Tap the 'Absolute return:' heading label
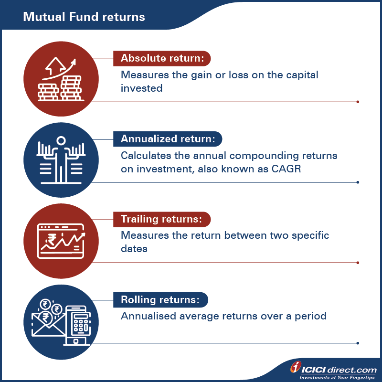click(x=162, y=58)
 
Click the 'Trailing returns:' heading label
click(x=161, y=219)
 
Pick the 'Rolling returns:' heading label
click(x=161, y=300)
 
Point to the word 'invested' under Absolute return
click(x=141, y=88)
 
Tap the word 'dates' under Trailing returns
click(x=134, y=249)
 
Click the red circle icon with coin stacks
click(x=61, y=79)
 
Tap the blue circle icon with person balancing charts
click(x=61, y=159)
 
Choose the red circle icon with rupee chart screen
click(x=61, y=240)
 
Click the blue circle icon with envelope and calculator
click(x=61, y=320)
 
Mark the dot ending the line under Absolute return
click(x=358, y=102)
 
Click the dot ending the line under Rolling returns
click(x=358, y=343)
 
